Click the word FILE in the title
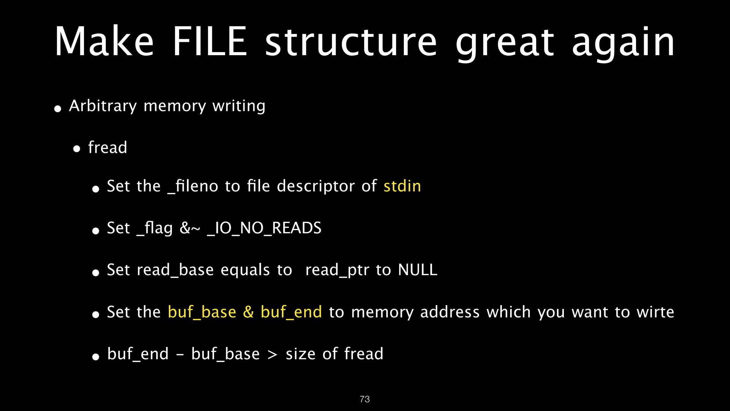click(210, 42)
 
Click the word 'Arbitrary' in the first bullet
click(103, 106)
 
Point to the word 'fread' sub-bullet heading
click(108, 148)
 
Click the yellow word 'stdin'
click(402, 186)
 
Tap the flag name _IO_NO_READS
click(264, 228)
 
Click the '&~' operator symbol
click(190, 228)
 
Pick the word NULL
click(417, 270)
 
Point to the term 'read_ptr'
click(337, 270)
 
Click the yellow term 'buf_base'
click(202, 312)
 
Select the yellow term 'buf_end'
click(291, 312)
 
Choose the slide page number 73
click(365, 399)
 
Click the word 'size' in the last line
click(300, 354)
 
